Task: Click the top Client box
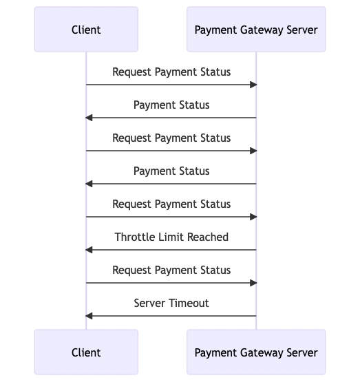[x=86, y=29]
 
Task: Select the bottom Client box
[x=86, y=352]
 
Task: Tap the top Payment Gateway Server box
[x=256, y=29]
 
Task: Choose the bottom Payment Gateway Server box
[x=256, y=352]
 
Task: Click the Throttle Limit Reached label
[x=171, y=237]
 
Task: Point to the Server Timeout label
[x=171, y=303]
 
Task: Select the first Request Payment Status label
[x=171, y=72]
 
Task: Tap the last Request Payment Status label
[x=171, y=270]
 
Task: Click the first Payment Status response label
[x=171, y=105]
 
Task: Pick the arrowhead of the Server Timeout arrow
[x=89, y=316]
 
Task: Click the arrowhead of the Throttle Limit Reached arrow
[x=89, y=250]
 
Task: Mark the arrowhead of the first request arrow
[x=253, y=85]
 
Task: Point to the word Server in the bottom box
[x=302, y=352]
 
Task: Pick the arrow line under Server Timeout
[x=171, y=316]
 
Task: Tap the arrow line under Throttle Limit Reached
[x=171, y=250]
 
